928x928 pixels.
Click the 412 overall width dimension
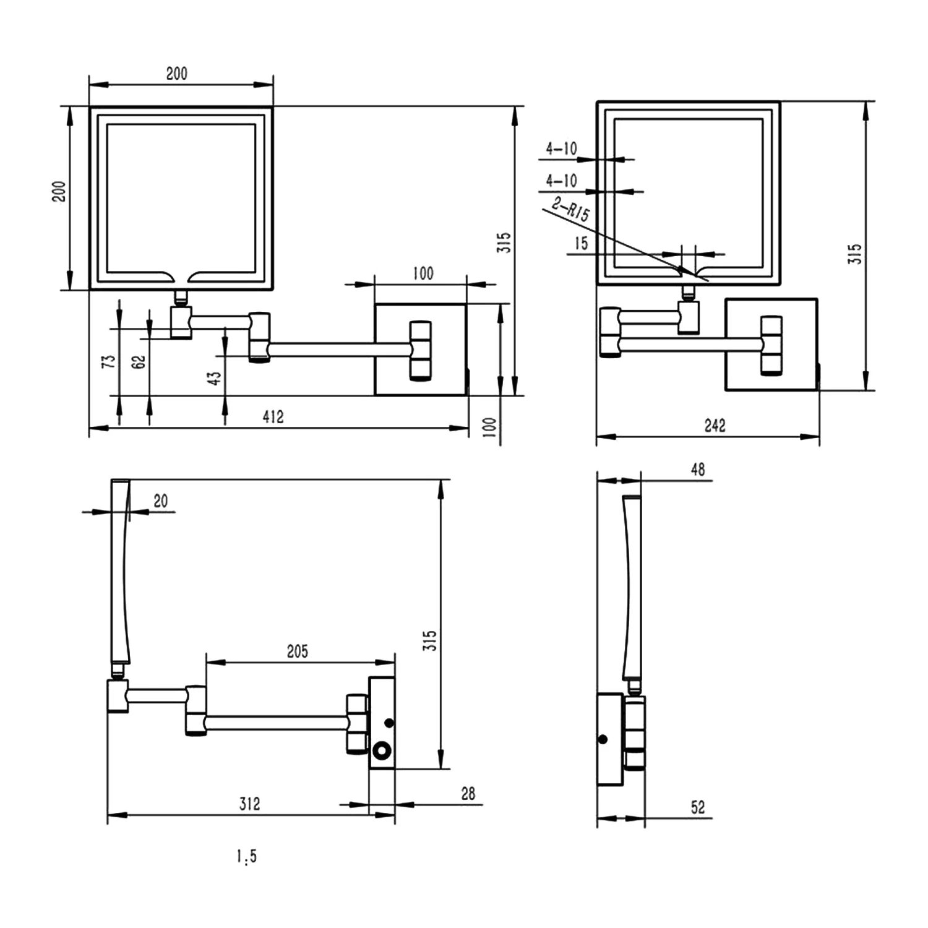(x=273, y=417)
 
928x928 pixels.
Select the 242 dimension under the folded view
(x=715, y=426)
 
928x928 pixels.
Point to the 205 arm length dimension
(x=297, y=651)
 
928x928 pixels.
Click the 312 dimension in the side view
(x=249, y=804)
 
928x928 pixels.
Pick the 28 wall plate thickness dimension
(x=468, y=794)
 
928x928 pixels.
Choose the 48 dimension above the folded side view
(x=698, y=470)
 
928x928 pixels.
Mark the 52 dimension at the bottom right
(x=698, y=807)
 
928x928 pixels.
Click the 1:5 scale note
(x=246, y=857)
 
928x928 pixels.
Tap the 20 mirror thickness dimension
(x=160, y=501)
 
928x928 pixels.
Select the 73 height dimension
(x=108, y=362)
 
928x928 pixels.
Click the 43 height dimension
(x=213, y=378)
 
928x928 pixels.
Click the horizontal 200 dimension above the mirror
(x=176, y=74)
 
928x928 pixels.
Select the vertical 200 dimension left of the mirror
(x=59, y=192)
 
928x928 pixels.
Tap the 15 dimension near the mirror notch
(x=581, y=243)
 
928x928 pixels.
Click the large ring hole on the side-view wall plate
(x=382, y=751)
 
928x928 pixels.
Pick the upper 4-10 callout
(x=561, y=148)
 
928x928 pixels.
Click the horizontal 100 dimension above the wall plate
(x=423, y=273)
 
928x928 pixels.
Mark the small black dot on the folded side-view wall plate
(x=603, y=739)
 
